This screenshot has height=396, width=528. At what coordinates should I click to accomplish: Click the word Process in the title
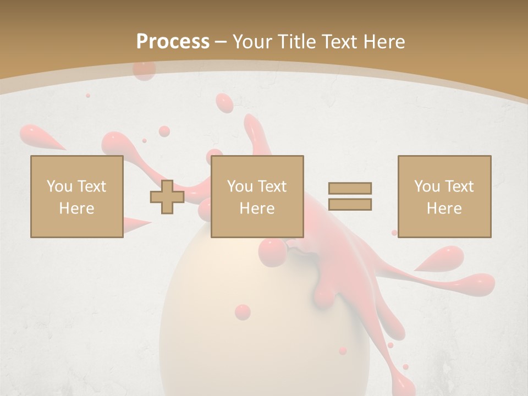173,42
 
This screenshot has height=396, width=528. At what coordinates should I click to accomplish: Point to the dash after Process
221,42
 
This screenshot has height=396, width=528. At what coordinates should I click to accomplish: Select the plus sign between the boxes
167,197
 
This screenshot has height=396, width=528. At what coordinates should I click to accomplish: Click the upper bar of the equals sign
350,188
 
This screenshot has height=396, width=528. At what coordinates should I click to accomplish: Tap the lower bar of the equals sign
350,205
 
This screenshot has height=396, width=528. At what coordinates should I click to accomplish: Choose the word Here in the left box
76,208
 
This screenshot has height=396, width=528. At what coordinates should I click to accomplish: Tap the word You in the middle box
240,186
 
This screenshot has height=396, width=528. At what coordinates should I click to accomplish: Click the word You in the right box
427,186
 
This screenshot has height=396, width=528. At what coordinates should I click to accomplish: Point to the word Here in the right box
444,208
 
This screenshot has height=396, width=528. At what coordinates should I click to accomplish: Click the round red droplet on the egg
243,312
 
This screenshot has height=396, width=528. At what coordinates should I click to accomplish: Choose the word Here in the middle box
257,208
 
